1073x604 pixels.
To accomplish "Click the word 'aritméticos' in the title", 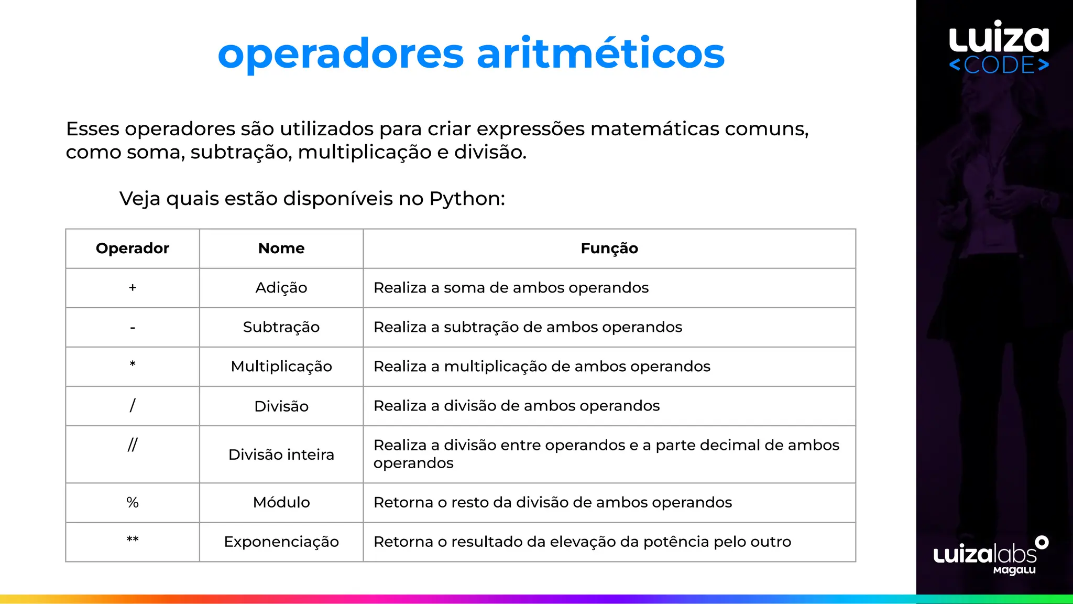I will pos(600,53).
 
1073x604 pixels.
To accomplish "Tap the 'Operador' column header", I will pos(133,248).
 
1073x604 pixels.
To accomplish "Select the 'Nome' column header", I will pos(281,248).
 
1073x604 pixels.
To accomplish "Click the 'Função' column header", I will pos(609,248).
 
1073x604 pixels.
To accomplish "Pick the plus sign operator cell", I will pos(133,287).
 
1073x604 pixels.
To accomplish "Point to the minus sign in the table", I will pos(133,328).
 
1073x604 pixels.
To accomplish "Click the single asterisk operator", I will pos(133,364).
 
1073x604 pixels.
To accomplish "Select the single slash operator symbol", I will pos(133,405).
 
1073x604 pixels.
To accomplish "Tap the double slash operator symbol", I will pos(133,445).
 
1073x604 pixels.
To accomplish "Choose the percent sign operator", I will pos(133,502).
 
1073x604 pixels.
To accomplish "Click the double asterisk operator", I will pos(133,540).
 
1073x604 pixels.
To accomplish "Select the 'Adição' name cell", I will pos(281,287).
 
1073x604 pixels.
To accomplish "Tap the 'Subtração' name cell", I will pos(281,327).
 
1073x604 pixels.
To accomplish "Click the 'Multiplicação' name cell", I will pos(281,366).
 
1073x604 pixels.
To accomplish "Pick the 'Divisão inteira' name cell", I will pos(281,454).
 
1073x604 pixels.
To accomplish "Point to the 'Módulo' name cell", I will pos(281,502).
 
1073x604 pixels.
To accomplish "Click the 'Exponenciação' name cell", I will pos(281,542).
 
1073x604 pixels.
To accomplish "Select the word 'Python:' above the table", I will pos(467,199).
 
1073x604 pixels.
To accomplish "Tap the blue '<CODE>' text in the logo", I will pos(999,65).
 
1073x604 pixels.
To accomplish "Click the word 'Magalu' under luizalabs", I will pos(1014,570).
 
